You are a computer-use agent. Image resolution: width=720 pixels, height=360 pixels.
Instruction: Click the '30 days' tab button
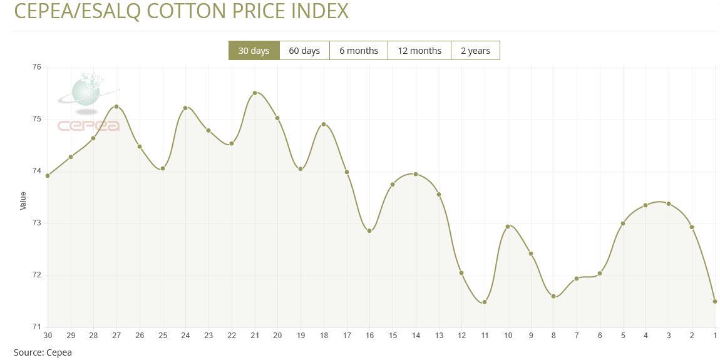[254, 51]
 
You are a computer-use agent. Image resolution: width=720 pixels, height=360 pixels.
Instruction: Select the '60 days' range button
[304, 51]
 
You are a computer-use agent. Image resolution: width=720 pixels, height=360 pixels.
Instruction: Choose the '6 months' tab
[359, 51]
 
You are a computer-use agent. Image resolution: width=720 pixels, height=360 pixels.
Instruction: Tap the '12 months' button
[419, 51]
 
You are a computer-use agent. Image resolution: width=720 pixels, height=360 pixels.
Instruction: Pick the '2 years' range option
[475, 51]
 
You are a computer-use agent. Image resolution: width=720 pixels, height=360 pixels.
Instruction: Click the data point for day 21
[255, 93]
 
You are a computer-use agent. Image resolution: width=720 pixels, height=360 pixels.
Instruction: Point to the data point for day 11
[485, 302]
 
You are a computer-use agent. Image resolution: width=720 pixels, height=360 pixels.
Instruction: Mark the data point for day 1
[715, 301]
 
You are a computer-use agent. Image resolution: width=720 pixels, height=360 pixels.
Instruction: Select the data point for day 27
[116, 106]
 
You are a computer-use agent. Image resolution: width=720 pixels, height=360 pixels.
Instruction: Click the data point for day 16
[369, 231]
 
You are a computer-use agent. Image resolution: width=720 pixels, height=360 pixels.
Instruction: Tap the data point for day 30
[48, 175]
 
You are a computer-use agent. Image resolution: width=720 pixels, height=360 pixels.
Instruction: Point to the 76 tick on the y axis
[36, 68]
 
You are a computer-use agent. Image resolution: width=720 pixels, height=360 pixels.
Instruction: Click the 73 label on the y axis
[36, 223]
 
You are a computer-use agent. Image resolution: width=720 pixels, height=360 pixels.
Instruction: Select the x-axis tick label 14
[416, 336]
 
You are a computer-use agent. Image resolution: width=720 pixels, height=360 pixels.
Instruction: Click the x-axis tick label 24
[185, 336]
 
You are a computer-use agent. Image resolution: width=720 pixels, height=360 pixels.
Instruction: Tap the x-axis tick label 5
[623, 336]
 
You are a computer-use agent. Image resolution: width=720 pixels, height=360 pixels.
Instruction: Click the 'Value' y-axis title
[23, 200]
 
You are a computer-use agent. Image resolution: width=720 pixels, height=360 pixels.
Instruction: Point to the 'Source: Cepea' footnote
[43, 352]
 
